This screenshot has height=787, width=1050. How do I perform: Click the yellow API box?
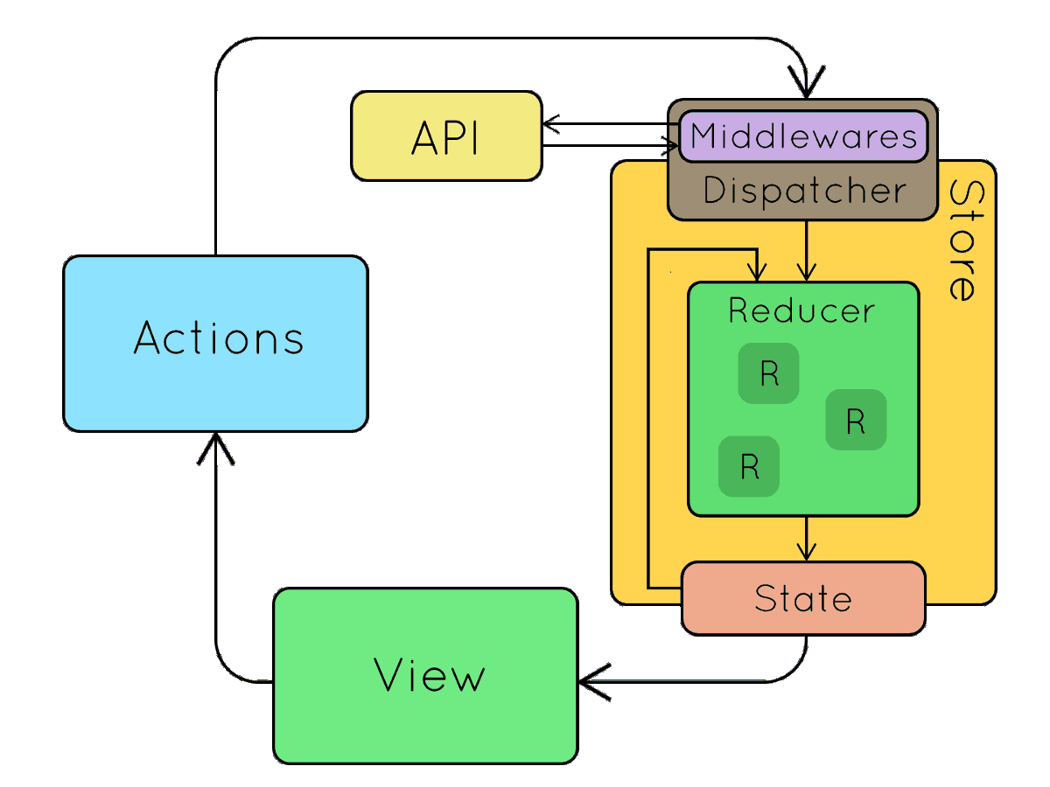pyautogui.click(x=446, y=136)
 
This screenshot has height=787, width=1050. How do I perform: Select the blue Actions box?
pyautogui.click(x=215, y=343)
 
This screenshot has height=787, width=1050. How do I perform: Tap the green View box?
pyautogui.click(x=425, y=675)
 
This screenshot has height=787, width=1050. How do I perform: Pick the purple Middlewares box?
pyautogui.click(x=802, y=136)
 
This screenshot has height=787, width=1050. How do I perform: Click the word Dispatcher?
pyautogui.click(x=804, y=191)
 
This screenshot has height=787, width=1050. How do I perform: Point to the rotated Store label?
pyautogui.click(x=962, y=240)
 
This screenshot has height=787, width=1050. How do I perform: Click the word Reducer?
pyautogui.click(x=801, y=310)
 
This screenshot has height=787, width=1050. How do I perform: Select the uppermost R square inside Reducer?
pyautogui.click(x=768, y=373)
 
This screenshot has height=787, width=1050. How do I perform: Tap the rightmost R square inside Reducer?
pyautogui.click(x=856, y=421)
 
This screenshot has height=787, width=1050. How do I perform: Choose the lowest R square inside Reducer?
pyautogui.click(x=749, y=466)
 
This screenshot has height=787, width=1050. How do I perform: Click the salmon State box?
pyautogui.click(x=802, y=598)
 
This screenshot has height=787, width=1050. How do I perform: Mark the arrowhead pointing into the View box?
pyautogui.click(x=591, y=681)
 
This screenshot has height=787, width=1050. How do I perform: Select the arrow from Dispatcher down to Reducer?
pyautogui.click(x=807, y=249)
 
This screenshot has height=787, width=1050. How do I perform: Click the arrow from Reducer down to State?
pyautogui.click(x=807, y=537)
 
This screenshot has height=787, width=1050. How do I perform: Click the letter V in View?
pyautogui.click(x=391, y=675)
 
